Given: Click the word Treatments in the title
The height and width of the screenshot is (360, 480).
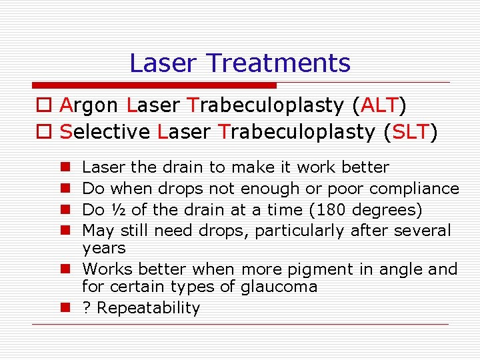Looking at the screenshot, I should pyautogui.click(x=278, y=63).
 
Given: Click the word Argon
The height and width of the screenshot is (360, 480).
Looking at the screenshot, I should pyautogui.click(x=89, y=106).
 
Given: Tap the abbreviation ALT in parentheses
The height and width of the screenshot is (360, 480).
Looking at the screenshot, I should pyautogui.click(x=382, y=105).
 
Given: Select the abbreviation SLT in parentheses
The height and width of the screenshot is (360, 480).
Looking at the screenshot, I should pyautogui.click(x=411, y=132).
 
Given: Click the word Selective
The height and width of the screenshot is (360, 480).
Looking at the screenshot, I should pyautogui.click(x=105, y=132).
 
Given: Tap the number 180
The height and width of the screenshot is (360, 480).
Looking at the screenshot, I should pyautogui.click(x=331, y=210).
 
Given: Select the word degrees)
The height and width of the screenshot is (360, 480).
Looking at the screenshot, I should pyautogui.click(x=387, y=211).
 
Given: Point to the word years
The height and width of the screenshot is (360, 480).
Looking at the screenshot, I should pyautogui.click(x=103, y=249).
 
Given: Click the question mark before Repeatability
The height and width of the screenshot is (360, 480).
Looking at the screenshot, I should pyautogui.click(x=86, y=308).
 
